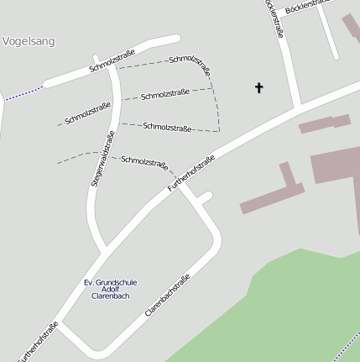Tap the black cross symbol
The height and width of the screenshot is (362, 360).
point(258,87)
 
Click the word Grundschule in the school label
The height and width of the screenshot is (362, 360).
point(118,282)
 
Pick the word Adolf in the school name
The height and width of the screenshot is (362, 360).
point(111,290)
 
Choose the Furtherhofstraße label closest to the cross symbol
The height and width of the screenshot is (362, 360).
point(191,171)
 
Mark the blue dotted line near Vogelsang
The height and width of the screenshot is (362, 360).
point(23,93)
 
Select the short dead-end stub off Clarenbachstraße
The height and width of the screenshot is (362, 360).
point(203,198)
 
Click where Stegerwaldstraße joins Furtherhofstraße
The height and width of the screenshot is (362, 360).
point(105,250)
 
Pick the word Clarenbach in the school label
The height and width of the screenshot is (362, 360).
point(111,297)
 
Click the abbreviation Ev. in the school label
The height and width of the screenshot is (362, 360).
point(91,282)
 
